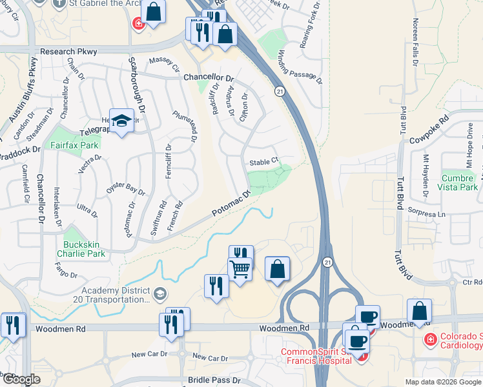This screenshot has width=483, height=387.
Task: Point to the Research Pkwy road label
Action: [67, 51]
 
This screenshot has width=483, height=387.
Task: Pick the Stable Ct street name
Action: [264, 161]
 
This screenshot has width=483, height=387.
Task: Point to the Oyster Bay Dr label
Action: [125, 188]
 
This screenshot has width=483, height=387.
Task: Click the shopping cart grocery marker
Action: [240, 268]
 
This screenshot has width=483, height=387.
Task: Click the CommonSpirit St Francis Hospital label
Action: [316, 357]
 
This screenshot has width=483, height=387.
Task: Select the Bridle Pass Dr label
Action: [214, 381]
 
